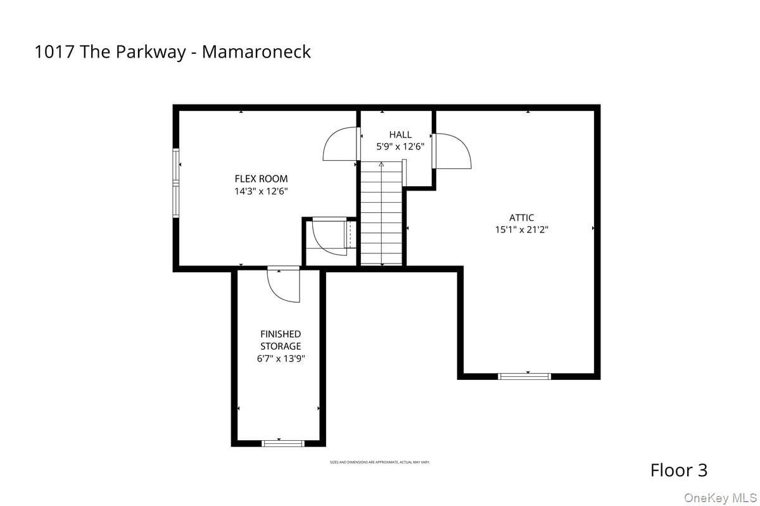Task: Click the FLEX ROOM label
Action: (261, 179)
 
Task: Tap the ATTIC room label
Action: (521, 218)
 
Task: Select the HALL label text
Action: (400, 134)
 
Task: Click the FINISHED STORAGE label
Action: (281, 340)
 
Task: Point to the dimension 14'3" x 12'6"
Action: (261, 191)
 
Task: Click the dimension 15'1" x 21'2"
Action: (521, 230)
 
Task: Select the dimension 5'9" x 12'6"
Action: (400, 146)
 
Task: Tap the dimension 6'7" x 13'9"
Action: (281, 359)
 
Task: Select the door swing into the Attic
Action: (452, 151)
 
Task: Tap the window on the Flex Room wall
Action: (177, 183)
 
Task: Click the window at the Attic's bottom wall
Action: (525, 376)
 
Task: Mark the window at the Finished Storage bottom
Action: (283, 443)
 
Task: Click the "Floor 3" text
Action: (678, 471)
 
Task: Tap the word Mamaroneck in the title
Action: (256, 52)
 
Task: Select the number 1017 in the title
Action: (54, 52)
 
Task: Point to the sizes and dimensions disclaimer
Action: (379, 462)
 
